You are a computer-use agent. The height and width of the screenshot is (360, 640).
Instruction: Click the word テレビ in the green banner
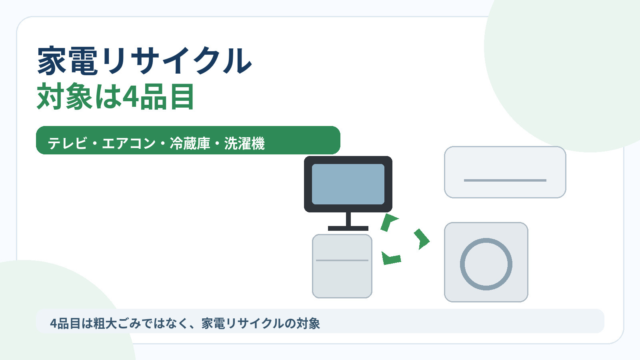[68, 143]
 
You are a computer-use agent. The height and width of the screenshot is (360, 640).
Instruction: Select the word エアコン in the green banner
[128, 143]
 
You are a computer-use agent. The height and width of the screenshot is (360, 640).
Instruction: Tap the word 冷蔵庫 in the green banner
[190, 143]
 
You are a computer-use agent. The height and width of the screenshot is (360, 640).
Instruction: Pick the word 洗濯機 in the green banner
[244, 143]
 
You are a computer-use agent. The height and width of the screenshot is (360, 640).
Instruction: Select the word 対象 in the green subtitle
[65, 96]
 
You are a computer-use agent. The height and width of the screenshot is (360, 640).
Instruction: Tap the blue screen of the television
[348, 184]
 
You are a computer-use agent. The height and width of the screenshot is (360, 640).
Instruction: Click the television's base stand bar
[348, 228]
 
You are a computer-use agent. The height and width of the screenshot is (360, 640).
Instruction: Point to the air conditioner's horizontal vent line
[505, 180]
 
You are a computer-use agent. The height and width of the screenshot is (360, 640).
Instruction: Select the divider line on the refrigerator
[342, 260]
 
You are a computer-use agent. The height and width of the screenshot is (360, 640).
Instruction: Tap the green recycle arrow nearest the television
[388, 222]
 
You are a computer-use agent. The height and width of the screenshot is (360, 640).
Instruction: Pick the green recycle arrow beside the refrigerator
[391, 258]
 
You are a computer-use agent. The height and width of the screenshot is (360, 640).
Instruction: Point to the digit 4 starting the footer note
[54, 324]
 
